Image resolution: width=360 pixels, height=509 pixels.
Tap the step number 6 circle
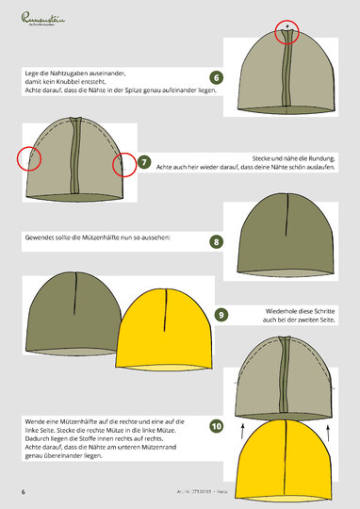217,77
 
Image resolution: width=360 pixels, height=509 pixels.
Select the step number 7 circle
144,161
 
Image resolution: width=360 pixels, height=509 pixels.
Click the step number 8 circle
217,241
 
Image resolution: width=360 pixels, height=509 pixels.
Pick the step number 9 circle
221,314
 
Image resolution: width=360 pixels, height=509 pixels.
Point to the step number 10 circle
217,426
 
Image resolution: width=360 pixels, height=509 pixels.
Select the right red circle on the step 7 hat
123,167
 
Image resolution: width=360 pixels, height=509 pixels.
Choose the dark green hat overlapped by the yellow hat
71,316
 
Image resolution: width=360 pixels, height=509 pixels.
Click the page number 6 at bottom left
24,492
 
